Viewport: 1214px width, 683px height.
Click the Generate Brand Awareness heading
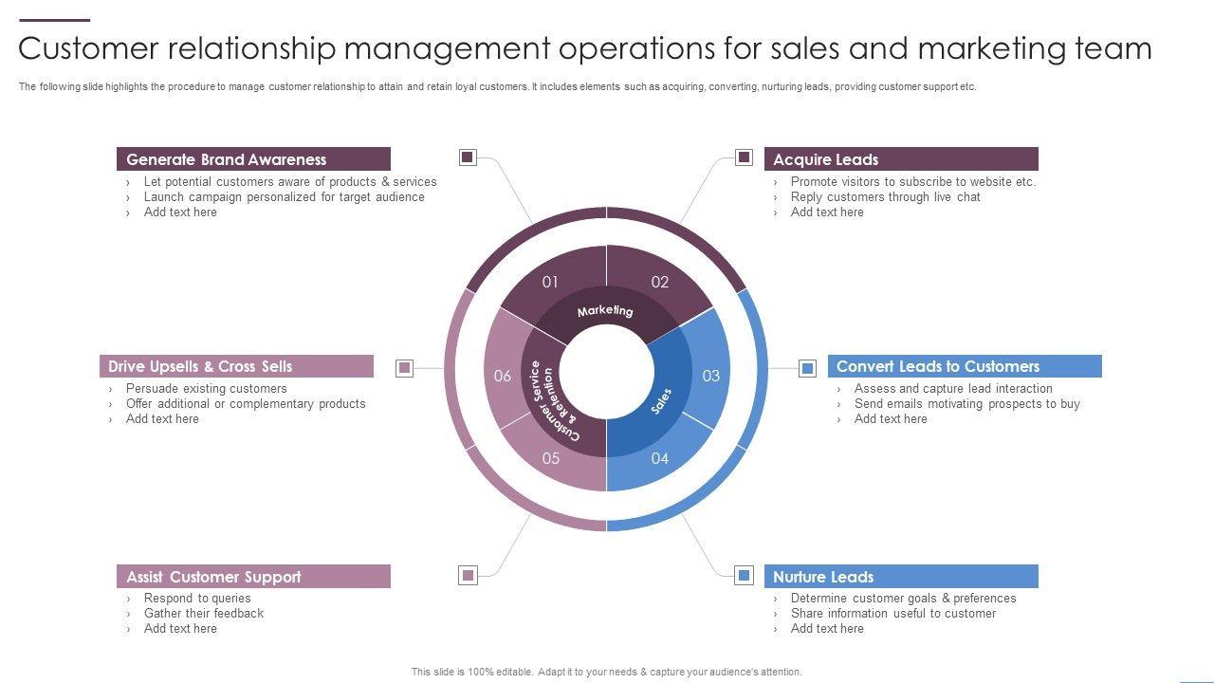click(x=226, y=159)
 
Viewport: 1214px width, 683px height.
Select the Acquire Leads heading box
click(x=900, y=159)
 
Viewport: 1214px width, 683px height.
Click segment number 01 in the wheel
click(x=550, y=282)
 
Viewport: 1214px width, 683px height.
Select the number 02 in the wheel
click(x=660, y=282)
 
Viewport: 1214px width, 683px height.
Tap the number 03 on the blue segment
click(x=711, y=376)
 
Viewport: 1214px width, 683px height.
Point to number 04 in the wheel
click(x=660, y=458)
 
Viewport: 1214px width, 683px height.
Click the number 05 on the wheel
click(x=551, y=458)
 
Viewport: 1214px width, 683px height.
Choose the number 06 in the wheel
click(x=503, y=376)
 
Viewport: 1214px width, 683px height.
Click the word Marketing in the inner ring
click(x=605, y=310)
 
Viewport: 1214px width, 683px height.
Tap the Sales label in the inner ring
click(x=662, y=400)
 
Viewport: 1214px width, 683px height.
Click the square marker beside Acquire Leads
click(x=745, y=157)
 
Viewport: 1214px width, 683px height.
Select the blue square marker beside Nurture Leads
click(x=745, y=575)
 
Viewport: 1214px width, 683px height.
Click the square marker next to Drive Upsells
click(x=405, y=368)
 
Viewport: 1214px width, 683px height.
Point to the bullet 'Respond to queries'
click(x=197, y=598)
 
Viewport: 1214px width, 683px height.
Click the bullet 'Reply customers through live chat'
click(x=885, y=196)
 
